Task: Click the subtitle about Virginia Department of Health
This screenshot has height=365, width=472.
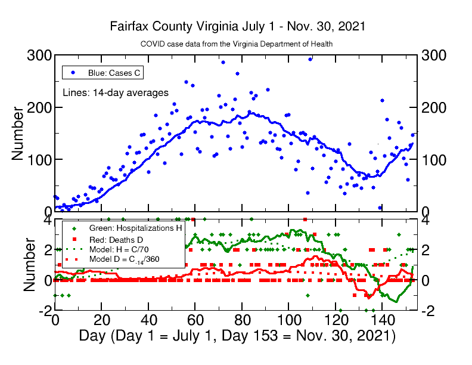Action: click(237, 44)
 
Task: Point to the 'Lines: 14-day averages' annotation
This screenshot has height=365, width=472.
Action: click(116, 92)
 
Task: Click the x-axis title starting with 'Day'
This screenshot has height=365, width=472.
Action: click(237, 335)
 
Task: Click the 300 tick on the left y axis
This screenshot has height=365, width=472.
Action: click(39, 55)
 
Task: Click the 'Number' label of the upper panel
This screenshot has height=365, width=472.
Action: click(18, 134)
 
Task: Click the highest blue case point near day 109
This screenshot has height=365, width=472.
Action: click(310, 59)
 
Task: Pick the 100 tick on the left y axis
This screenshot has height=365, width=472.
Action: click(39, 159)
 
